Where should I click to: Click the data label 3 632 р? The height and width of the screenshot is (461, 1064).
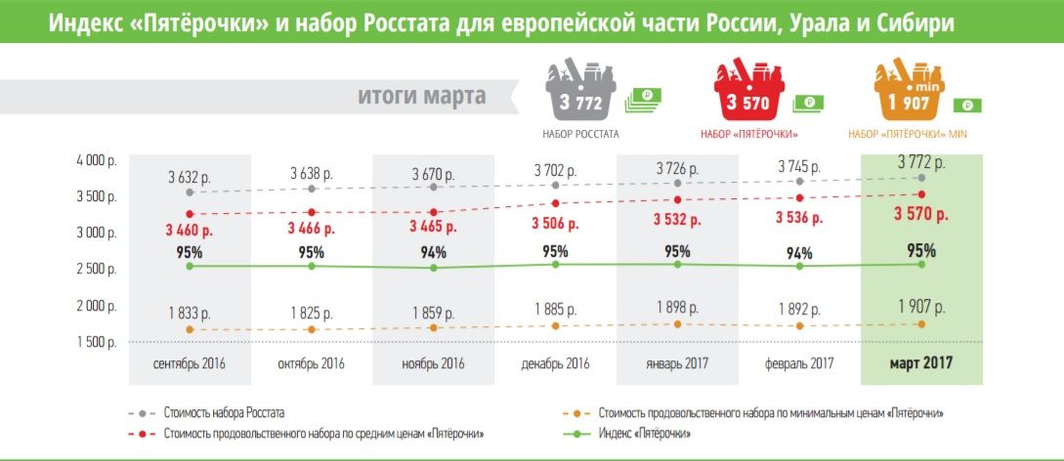[189, 177]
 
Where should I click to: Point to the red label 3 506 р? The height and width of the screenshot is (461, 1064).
[556, 223]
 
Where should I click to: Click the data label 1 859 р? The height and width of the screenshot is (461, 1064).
[434, 313]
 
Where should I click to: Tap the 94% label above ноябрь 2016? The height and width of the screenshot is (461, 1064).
[434, 251]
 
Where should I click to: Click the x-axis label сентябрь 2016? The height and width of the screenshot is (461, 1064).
[190, 364]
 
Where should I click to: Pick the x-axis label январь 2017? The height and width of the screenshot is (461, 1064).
[678, 364]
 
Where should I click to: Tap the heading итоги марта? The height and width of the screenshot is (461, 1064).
[421, 97]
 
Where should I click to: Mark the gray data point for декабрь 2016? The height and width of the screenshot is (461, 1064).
[556, 185]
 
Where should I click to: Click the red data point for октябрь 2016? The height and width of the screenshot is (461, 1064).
[312, 212]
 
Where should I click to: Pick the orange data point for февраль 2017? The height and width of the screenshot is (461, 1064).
[800, 326]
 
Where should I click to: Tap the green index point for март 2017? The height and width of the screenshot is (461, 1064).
[921, 264]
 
